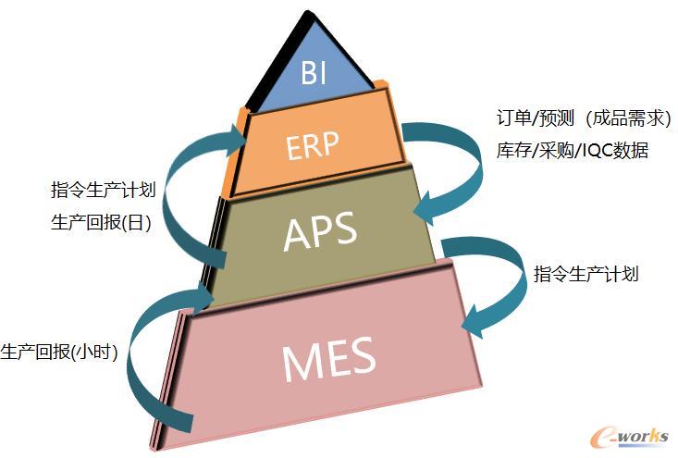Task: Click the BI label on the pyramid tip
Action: point(314,72)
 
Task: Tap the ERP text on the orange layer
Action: point(313,146)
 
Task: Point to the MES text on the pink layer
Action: point(328,360)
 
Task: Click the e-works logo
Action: point(629,436)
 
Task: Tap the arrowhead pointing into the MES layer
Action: point(474,321)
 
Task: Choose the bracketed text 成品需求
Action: point(628,118)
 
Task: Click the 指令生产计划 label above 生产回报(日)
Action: point(103,190)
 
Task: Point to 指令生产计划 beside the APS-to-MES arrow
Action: point(586,274)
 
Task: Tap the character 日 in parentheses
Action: point(138,223)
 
